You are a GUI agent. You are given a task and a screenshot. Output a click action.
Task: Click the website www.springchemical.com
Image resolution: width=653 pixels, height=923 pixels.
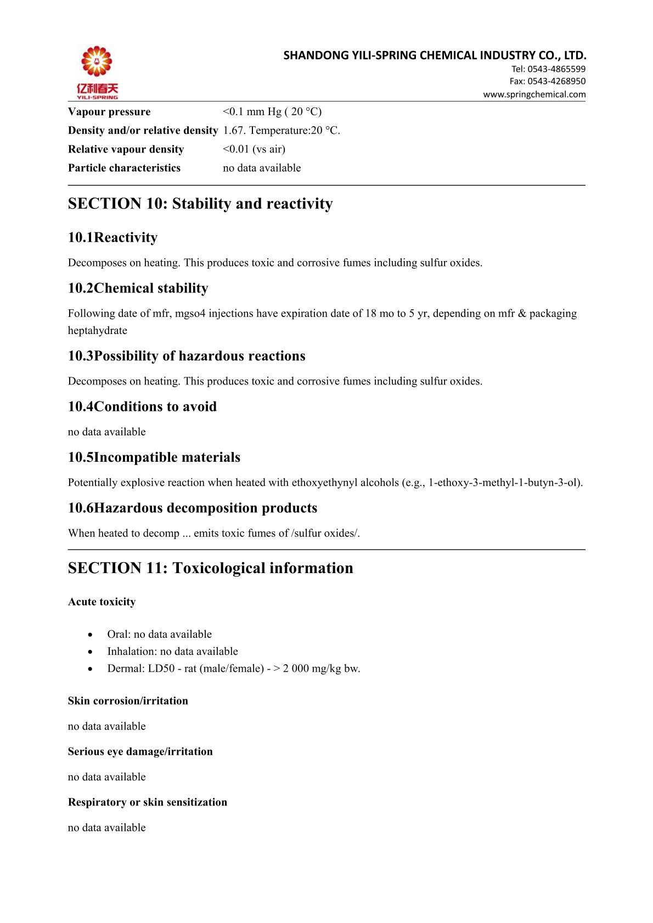534,94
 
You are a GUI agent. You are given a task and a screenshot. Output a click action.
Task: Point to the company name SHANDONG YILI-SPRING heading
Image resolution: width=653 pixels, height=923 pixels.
435,55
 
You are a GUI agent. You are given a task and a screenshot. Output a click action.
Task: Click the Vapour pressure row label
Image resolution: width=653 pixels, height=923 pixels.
109,112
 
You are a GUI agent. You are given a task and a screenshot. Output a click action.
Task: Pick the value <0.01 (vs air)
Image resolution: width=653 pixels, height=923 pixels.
254,149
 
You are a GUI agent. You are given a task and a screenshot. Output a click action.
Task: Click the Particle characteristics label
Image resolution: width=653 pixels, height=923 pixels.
124,168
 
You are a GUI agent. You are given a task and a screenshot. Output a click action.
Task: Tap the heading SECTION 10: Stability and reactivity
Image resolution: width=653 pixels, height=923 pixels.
200,203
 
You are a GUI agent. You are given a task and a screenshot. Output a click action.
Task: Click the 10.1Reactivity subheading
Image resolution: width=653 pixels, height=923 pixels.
112,237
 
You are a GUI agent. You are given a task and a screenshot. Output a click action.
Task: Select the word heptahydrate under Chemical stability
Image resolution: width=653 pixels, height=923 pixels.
97,331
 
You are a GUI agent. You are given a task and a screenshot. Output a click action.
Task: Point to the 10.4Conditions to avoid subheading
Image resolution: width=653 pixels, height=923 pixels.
142,406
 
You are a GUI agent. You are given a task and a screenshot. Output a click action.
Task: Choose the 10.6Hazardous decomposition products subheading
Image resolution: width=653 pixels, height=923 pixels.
193,508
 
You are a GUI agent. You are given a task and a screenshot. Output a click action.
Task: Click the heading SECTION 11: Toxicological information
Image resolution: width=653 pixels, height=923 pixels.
211,568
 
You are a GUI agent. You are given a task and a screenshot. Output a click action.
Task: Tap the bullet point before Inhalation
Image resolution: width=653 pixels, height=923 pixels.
90,652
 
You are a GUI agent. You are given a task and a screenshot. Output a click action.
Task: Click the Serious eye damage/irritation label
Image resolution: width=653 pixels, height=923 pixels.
140,751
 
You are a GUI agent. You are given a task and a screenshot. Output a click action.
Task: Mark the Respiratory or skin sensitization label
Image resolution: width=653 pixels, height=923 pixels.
148,802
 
